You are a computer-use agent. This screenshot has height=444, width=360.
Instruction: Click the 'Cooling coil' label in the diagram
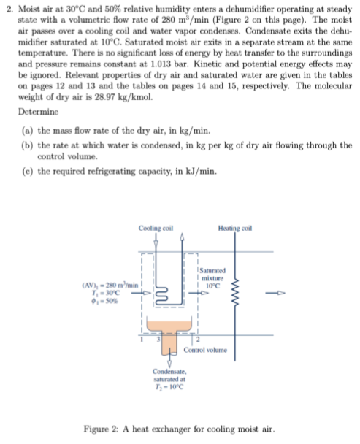(154, 229)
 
